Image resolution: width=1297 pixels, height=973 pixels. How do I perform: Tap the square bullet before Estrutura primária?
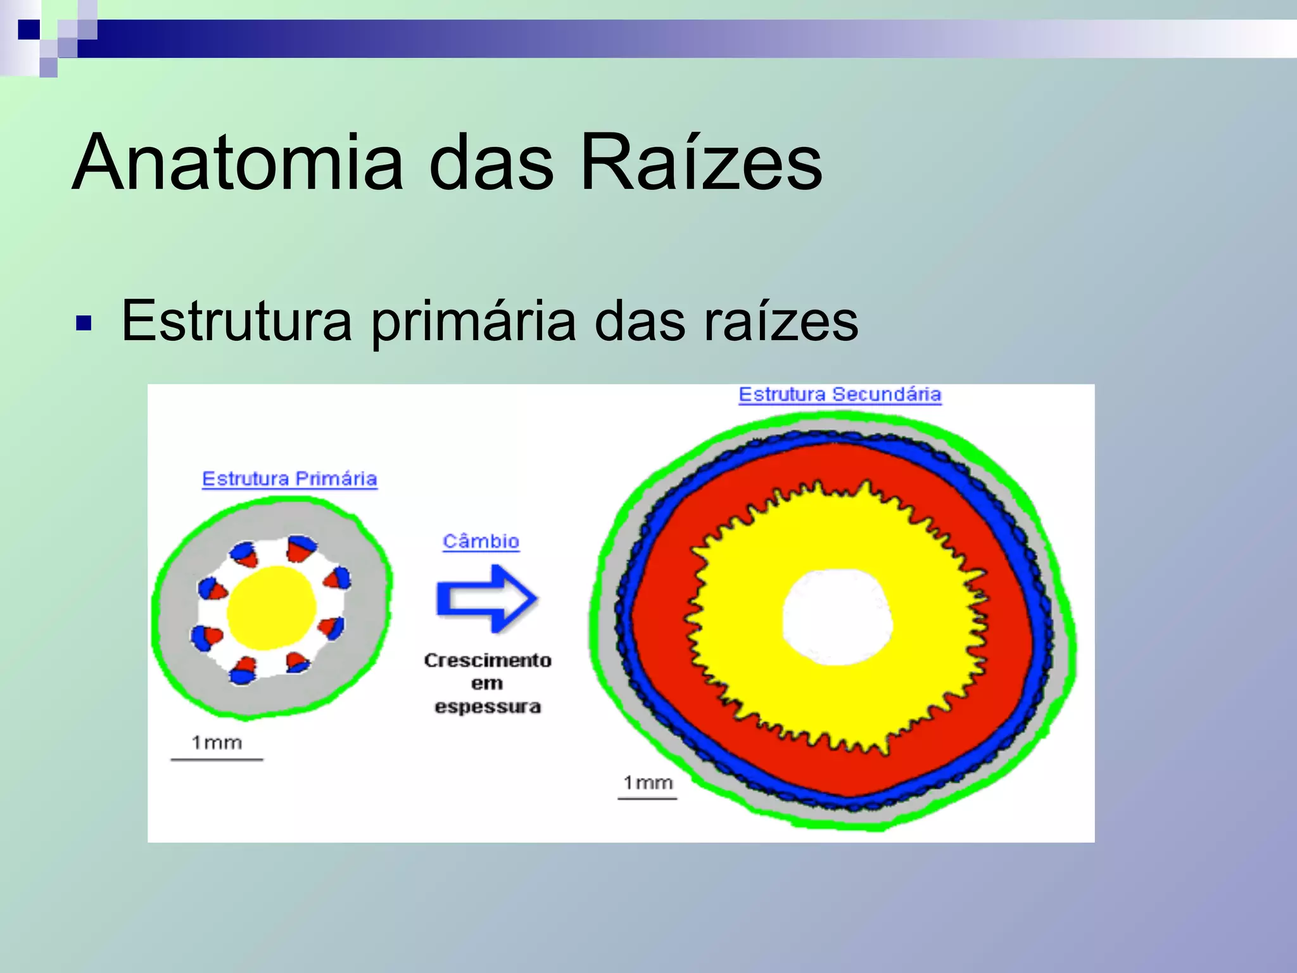[x=84, y=324]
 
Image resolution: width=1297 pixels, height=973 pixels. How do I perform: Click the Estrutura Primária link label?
[x=289, y=479]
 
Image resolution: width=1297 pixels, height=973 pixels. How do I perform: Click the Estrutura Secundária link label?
[x=840, y=395]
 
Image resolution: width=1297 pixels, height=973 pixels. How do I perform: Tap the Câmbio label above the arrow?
[x=481, y=542]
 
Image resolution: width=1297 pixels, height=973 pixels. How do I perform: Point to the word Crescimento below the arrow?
[x=488, y=660]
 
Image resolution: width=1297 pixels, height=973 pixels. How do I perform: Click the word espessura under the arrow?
[x=488, y=706]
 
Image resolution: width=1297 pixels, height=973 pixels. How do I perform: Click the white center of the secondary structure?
[x=837, y=618]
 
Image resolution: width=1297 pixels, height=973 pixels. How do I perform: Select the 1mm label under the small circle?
[x=217, y=742]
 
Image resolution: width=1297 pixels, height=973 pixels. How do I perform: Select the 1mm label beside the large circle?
[x=647, y=783]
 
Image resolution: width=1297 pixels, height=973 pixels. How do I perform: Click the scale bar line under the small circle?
[x=217, y=759]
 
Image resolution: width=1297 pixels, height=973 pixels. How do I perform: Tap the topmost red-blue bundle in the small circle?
[x=301, y=549]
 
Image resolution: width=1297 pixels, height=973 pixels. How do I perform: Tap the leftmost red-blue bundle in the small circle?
[x=206, y=637]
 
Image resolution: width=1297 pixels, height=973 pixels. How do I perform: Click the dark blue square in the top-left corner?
[x=29, y=29]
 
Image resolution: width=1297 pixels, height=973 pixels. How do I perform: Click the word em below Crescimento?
[x=486, y=684]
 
